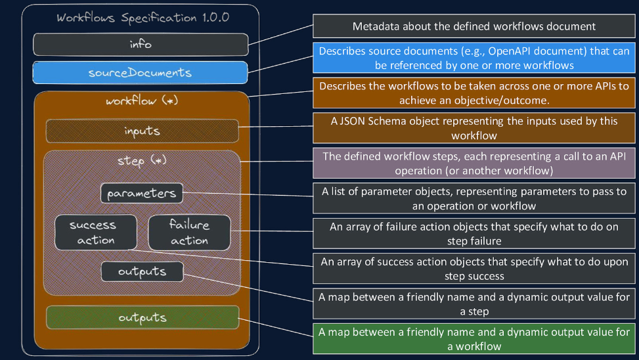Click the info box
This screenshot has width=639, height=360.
coord(141,44)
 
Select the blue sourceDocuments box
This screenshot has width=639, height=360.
coord(141,72)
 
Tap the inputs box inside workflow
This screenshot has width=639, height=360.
coord(142,131)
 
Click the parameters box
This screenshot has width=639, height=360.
coord(142,194)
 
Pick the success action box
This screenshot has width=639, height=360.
coord(95,232)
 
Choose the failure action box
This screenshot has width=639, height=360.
coord(189,232)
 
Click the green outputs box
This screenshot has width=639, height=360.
coord(142,317)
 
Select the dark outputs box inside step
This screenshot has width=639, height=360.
coord(142,271)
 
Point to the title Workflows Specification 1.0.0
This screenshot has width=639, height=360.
coord(143,18)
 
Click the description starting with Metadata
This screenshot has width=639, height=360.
coord(474,27)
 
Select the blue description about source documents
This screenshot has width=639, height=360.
coord(474,58)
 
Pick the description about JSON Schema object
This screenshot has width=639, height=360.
coord(474,127)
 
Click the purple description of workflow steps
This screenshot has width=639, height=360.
coord(474,164)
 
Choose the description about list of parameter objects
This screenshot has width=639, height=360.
coord(474,198)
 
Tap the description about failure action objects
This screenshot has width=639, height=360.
coord(474,233)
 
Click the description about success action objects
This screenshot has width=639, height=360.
coord(474,269)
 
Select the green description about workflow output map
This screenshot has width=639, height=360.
coord(474,339)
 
